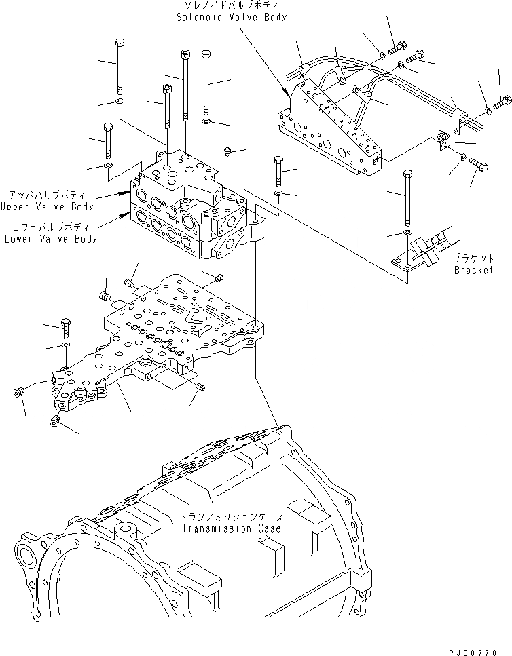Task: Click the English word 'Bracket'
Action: pos(474,269)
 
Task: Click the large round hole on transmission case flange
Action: pos(28,560)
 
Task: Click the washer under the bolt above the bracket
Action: pos(405,234)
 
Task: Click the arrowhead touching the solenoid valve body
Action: pos(286,92)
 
